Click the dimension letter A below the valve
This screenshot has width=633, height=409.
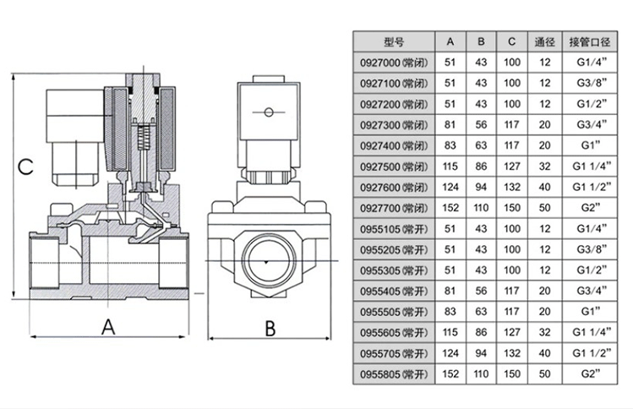108,327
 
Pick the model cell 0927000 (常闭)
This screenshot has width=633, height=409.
394,63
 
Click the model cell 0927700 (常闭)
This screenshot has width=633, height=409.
394,207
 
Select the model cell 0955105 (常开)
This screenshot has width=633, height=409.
394,227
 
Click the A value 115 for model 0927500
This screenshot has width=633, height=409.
450,166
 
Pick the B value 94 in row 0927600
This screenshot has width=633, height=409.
481,187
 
